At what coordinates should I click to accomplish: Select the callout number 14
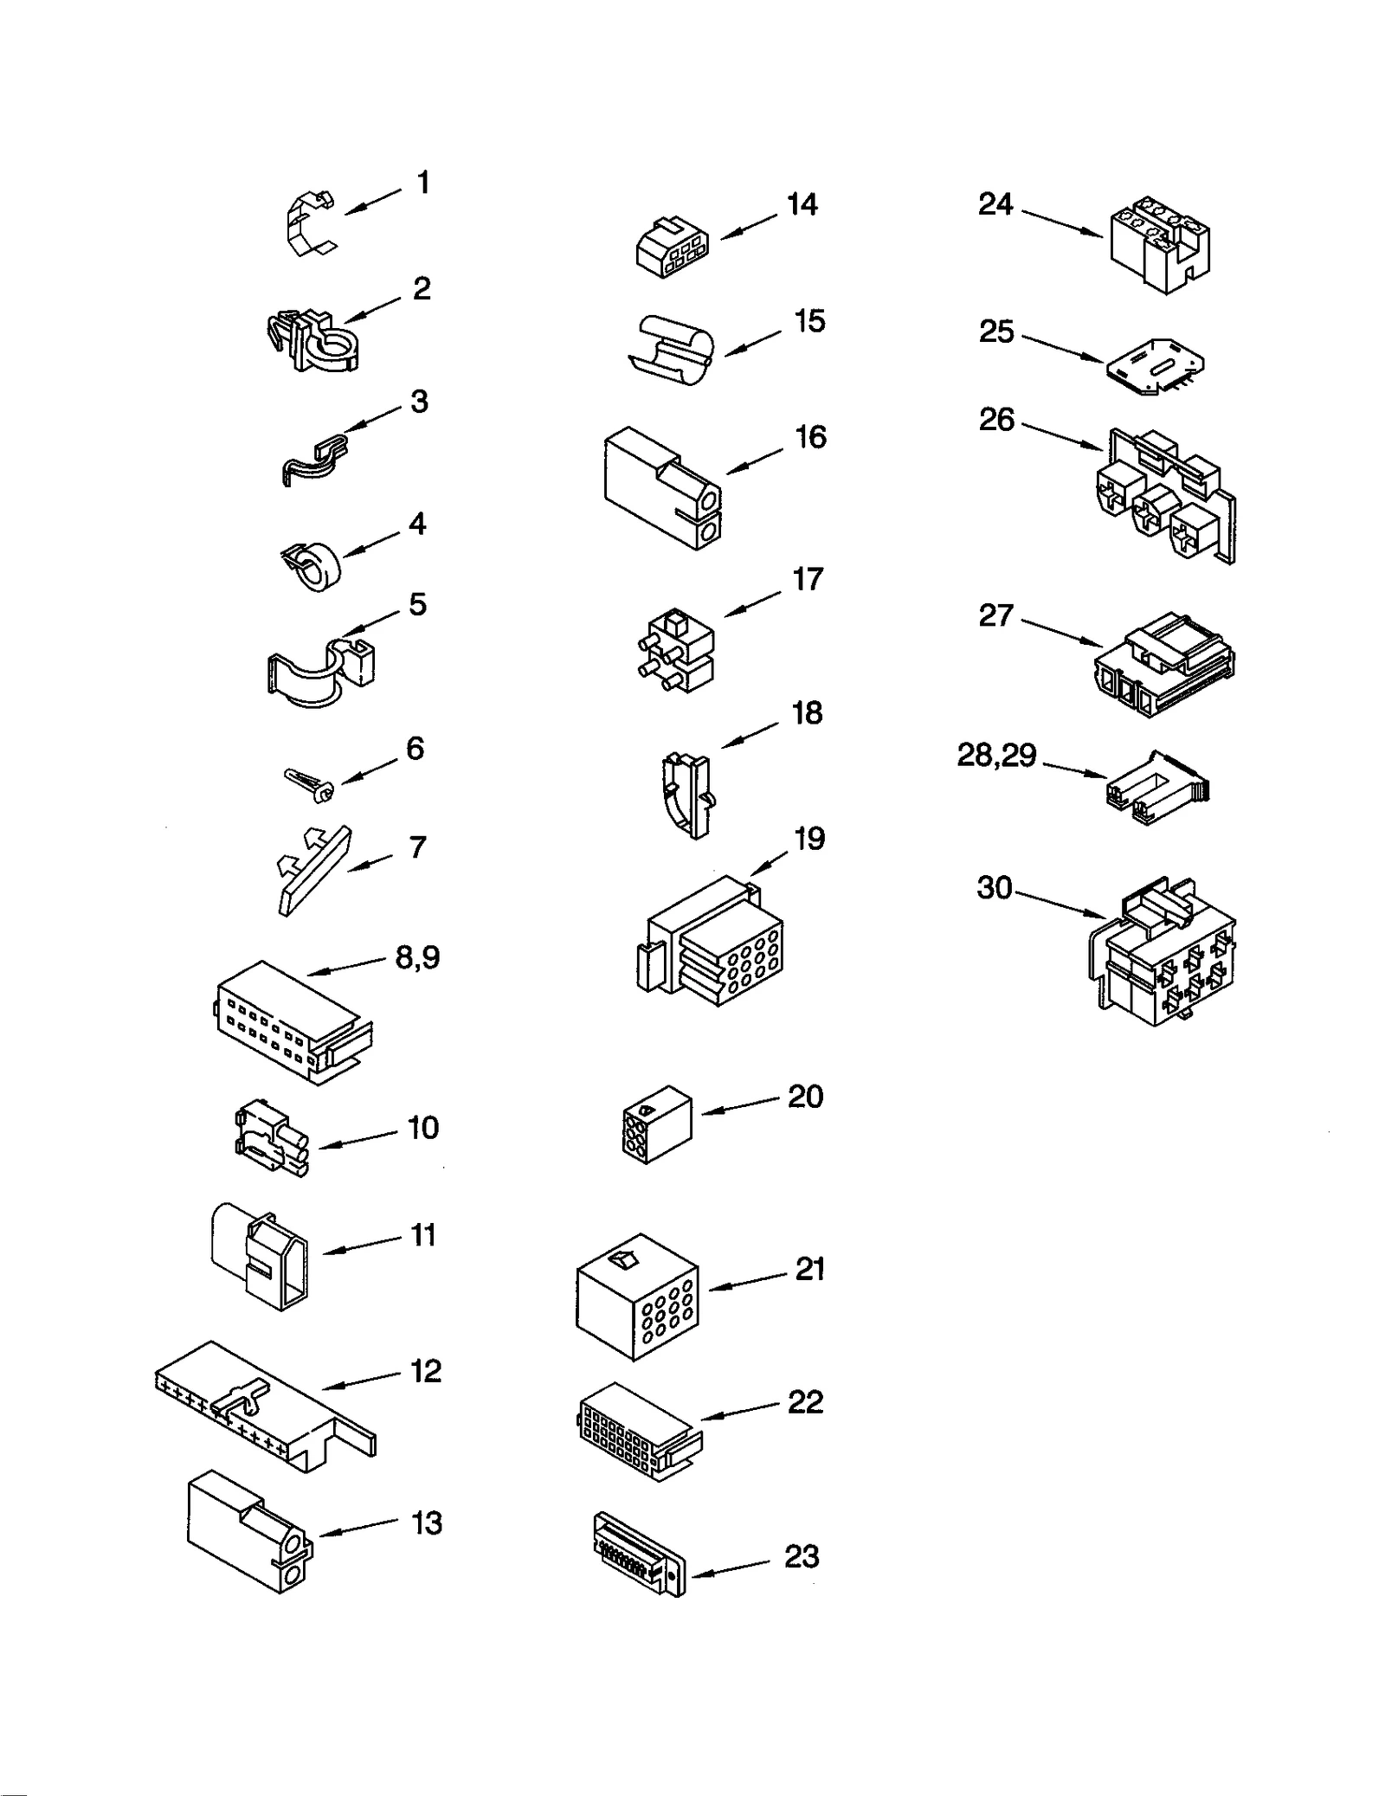[x=802, y=205]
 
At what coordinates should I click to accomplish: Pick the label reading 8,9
[x=417, y=957]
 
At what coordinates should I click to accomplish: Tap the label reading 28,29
[x=995, y=756]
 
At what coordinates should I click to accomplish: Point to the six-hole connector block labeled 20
[x=656, y=1123]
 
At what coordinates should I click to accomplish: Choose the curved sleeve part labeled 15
[x=668, y=349]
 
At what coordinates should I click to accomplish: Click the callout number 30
[x=994, y=887]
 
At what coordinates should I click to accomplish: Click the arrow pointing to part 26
[x=1062, y=435]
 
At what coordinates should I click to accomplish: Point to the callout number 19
[x=809, y=839]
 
